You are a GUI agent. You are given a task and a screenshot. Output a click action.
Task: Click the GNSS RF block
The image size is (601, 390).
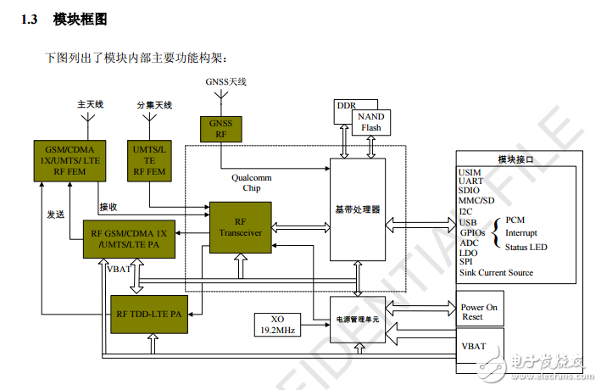click(221, 128)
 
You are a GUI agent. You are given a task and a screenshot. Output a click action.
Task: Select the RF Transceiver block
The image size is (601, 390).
click(241, 227)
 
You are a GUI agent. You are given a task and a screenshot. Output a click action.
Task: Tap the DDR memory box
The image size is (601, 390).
click(346, 106)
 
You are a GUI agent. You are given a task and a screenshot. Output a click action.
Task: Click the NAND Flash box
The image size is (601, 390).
click(370, 122)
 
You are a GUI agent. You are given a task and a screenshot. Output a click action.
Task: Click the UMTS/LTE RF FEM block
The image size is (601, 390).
click(151, 159)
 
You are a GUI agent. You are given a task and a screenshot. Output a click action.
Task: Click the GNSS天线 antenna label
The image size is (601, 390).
click(225, 81)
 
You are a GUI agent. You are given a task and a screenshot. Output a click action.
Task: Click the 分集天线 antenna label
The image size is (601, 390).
click(153, 104)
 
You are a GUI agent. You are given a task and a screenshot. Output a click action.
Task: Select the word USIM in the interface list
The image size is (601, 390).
click(470, 172)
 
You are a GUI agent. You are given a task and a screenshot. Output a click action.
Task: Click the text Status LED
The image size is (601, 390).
click(526, 247)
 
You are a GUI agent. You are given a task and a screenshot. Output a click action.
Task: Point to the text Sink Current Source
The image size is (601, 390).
click(496, 272)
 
